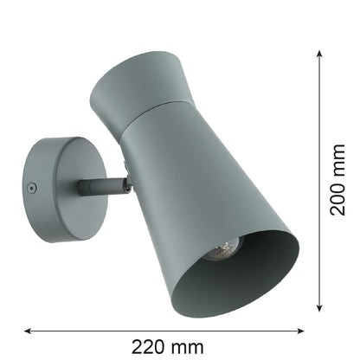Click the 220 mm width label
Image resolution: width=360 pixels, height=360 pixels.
168,347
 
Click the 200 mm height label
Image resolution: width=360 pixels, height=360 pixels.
337,180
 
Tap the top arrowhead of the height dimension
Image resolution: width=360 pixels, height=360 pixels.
319,54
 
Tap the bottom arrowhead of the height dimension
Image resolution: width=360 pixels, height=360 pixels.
319,307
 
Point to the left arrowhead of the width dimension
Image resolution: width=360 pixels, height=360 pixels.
28,331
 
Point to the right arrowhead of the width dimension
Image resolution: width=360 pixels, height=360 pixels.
300,331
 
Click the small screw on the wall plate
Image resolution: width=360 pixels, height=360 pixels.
32,189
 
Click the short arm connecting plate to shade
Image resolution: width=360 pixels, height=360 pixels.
101,186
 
